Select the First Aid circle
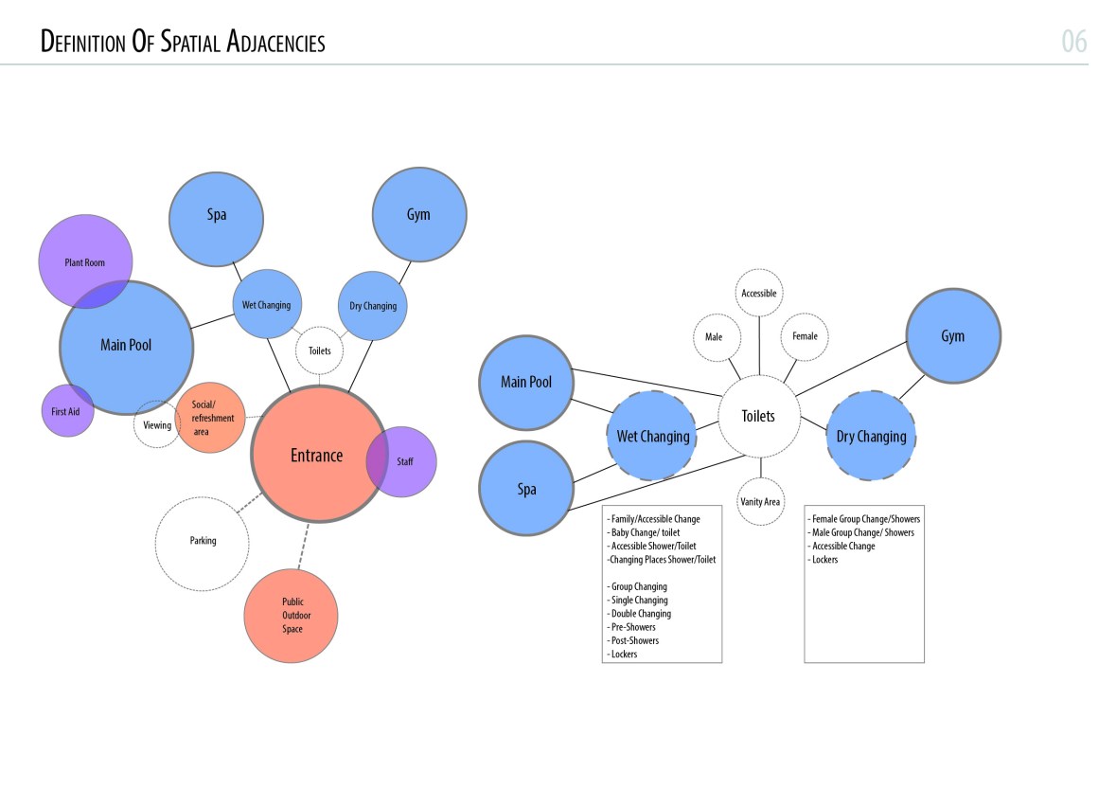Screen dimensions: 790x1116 66,412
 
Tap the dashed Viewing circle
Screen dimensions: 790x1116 157,425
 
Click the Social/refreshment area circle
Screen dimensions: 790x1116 209,418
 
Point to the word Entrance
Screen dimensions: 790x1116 316,456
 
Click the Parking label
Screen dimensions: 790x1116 203,541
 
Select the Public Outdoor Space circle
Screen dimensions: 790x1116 292,616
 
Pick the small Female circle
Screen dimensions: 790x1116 805,336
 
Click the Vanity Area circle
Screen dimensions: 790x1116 760,501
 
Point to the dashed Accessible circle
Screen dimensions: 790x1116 759,294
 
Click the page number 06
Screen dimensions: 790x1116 1073,42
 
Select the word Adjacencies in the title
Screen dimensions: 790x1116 274,43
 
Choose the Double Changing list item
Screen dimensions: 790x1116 641,614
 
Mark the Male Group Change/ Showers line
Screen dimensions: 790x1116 862,532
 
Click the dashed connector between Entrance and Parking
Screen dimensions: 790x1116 248,504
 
